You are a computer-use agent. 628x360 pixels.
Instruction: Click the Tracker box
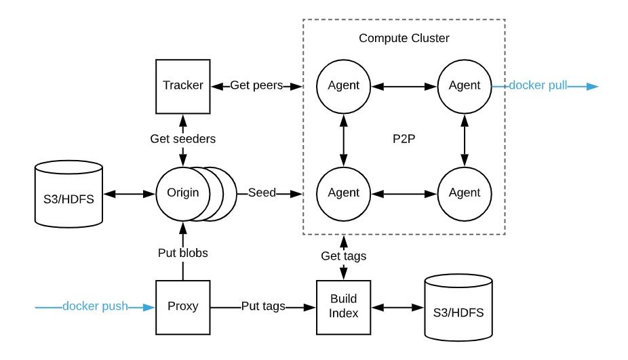(x=182, y=87)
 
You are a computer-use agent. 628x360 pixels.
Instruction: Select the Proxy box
(x=182, y=307)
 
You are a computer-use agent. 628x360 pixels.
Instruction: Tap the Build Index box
(x=344, y=307)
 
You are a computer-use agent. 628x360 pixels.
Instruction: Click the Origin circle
(x=182, y=194)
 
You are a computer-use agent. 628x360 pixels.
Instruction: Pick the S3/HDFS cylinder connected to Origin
(x=69, y=194)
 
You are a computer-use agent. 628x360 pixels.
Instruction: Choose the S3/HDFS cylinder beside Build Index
(x=458, y=308)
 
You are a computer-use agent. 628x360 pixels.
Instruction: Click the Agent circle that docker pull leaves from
(x=465, y=87)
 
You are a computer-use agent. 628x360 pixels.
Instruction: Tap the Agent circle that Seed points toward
(x=344, y=194)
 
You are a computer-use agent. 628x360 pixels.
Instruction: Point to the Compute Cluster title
(x=404, y=38)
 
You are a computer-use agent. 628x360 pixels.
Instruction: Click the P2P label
(x=404, y=139)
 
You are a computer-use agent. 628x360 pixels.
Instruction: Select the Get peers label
(x=256, y=85)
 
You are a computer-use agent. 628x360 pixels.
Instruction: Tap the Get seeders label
(x=182, y=139)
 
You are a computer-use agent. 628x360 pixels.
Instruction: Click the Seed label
(x=262, y=193)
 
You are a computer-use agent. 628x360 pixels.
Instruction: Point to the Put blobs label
(x=182, y=253)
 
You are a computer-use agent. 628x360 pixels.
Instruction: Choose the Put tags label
(x=263, y=306)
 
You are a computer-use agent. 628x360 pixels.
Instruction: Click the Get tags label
(x=344, y=256)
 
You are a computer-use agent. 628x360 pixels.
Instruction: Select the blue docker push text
(x=95, y=306)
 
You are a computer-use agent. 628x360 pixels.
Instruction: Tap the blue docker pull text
(x=538, y=85)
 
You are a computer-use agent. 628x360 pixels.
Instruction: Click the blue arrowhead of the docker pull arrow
(x=592, y=87)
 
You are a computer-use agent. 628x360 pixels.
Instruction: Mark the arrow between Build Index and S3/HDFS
(x=397, y=308)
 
